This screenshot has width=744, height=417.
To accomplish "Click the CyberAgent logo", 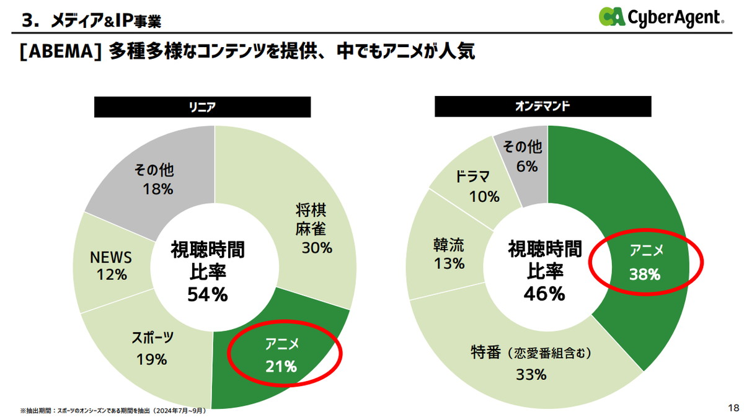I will point(661,17).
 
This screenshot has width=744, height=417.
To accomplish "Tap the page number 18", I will point(732,407).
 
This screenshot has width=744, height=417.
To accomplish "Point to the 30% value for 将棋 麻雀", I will point(317,248).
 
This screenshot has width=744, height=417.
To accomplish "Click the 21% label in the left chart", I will point(281,366).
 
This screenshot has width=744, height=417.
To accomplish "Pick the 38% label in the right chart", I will point(645,274).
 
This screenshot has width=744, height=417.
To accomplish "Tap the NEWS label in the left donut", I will point(112,257).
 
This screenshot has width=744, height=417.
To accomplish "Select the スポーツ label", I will point(153,338).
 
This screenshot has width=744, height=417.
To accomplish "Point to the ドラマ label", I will point(472,176).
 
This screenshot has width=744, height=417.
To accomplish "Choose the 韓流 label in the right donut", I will point(449,244).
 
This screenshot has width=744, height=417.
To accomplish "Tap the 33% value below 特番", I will point(531,374).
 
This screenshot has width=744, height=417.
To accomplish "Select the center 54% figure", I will point(208,295).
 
